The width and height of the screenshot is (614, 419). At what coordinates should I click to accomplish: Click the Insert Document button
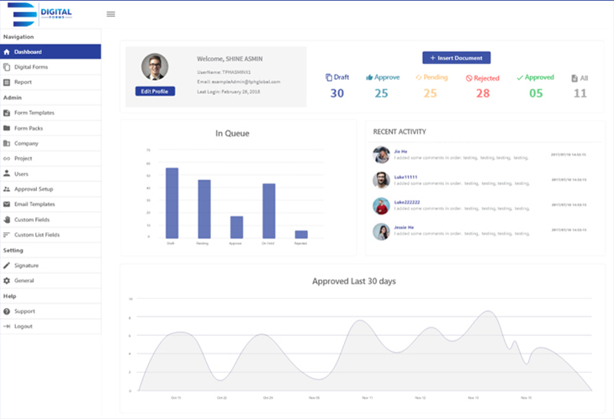[x=456, y=58]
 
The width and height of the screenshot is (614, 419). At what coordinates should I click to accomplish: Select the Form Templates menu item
[x=34, y=113]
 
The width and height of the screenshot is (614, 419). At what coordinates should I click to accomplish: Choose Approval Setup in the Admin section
[x=34, y=188]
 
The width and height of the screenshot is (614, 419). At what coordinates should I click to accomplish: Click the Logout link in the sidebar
[x=23, y=326]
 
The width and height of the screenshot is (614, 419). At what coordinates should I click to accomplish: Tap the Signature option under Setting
[x=26, y=265]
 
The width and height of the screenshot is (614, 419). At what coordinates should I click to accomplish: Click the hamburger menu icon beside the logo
[x=111, y=14]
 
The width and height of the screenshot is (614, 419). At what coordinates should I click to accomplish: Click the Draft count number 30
[x=336, y=93]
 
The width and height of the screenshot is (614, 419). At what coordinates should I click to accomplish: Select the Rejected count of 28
[x=483, y=93]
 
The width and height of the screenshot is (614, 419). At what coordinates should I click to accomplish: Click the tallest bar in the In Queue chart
[x=172, y=203]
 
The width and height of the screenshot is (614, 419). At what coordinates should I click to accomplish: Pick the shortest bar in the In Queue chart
[x=301, y=234]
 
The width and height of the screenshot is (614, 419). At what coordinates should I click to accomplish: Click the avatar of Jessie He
[x=381, y=231]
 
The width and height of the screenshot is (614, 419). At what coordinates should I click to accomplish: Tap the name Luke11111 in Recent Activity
[x=405, y=177]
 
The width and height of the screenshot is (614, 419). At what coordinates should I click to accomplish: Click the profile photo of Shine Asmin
[x=155, y=67]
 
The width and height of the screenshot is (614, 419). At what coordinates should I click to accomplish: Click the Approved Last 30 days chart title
[x=353, y=280]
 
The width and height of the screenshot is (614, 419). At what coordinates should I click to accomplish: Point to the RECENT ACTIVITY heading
[x=400, y=132]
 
